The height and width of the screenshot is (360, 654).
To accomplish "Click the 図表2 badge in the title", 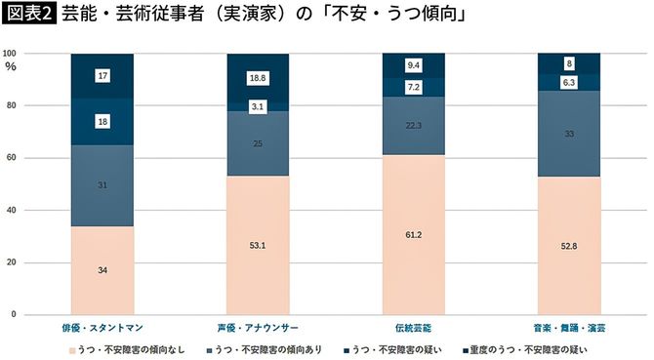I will (x=28, y=17).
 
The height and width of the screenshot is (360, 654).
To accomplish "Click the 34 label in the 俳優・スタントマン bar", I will (x=102, y=270).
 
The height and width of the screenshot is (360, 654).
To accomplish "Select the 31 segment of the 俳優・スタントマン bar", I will (x=102, y=185).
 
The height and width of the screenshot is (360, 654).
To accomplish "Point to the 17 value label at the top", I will (x=102, y=75).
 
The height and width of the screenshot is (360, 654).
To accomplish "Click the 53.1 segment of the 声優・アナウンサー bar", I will (x=258, y=246).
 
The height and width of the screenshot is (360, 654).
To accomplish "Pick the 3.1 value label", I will (x=258, y=106).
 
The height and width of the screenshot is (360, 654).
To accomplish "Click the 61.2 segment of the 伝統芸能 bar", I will (x=413, y=235).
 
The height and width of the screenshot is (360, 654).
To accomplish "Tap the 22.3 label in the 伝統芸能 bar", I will (x=413, y=125).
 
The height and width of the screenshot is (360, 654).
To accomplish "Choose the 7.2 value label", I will (x=413, y=87).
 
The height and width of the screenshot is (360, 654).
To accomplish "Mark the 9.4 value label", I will (x=413, y=65).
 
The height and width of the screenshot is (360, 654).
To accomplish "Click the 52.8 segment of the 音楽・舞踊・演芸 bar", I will (x=569, y=246).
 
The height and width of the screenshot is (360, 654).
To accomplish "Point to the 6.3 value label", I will (x=569, y=83).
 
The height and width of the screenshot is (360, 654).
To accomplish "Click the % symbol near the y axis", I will (x=11, y=66).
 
